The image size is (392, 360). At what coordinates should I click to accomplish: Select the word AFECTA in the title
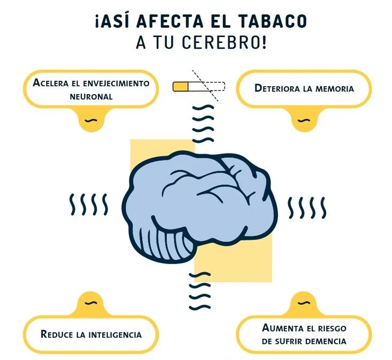pos(170,22)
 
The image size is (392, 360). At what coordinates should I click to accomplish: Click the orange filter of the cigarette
pos(180,86)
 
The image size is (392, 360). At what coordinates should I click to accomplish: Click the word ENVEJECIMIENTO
pos(114,83)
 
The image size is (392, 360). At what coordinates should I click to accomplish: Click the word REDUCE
pos(57,335)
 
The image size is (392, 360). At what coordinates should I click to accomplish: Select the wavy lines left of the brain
pos(89,204)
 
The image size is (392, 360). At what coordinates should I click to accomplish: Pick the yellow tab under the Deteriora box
pos(303,119)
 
